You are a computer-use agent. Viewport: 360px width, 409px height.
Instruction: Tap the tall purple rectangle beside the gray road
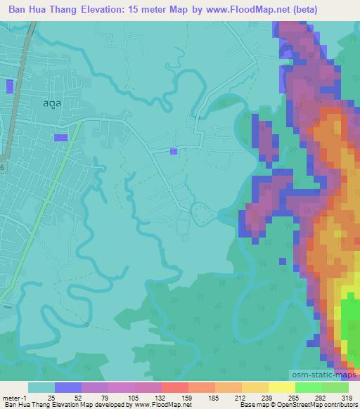pos(10,86)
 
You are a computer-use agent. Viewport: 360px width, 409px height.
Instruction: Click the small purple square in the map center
pos(174,151)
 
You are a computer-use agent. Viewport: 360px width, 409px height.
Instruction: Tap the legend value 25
pos(51,397)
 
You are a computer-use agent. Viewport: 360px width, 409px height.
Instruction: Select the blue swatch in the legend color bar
pos(67,387)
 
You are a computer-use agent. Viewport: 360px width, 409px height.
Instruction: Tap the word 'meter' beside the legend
pos(11,397)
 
